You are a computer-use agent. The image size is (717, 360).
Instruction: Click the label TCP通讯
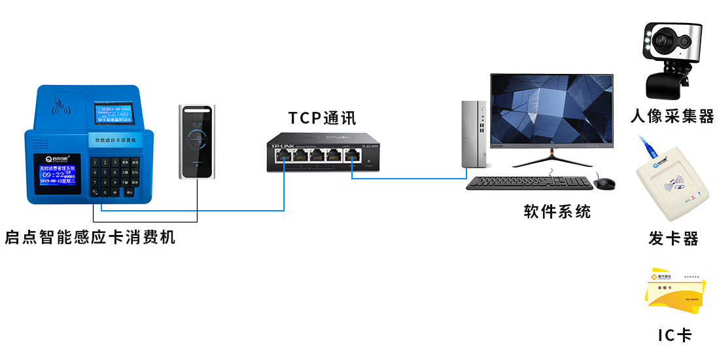pos(323,118)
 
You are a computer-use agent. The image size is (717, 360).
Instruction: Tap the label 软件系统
pos(557,211)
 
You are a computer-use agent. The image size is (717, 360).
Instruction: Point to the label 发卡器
pos(673,238)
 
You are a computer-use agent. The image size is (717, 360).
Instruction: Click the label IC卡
pos(674,336)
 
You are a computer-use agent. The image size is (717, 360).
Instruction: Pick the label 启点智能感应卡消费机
pos(90,237)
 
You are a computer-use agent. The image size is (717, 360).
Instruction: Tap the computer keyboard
pos(529,183)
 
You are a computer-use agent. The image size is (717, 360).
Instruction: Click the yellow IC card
pos(674,292)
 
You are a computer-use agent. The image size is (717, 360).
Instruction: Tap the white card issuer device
pos(673,189)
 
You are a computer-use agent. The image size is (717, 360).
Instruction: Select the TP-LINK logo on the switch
pos(282,144)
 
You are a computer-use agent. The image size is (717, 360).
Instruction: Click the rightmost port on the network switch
pos(353,156)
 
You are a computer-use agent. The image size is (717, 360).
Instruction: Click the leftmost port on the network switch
pos(284,156)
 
